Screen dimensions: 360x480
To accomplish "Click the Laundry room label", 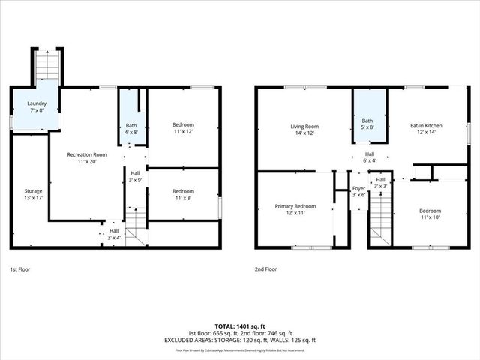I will click(37, 107).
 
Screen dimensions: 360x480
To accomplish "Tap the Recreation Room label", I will click(87, 157).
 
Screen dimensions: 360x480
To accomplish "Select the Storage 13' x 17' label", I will click(33, 195).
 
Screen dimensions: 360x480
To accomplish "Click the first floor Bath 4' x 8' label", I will click(131, 129).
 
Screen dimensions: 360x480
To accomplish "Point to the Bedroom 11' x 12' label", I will click(183, 128).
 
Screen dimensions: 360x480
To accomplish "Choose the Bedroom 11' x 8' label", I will click(183, 195).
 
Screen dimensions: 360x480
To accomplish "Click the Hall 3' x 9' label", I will click(135, 177).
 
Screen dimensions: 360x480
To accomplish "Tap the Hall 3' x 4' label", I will click(112, 235).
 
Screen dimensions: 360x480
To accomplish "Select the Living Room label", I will click(304, 130).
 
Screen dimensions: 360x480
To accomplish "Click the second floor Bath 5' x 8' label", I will click(367, 124).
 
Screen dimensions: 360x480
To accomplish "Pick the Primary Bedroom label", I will click(295, 209).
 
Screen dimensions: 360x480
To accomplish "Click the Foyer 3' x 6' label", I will click(358, 191).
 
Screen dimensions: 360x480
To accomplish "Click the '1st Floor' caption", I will click(20, 268).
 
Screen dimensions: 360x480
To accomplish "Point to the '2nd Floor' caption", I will click(265, 268).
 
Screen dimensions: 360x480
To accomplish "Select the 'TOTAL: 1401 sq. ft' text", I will click(241, 325).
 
